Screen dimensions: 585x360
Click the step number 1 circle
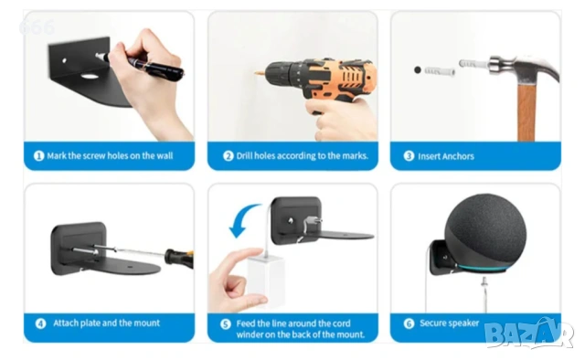click(38, 155)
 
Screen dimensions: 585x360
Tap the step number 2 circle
click(229, 156)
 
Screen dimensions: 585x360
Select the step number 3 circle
click(409, 156)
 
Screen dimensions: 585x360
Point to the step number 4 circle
click(40, 323)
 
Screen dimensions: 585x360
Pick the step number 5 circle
click(226, 324)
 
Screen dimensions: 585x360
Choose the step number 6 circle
click(409, 323)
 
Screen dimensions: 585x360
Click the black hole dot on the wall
click(418, 69)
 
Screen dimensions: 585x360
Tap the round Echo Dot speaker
click(485, 232)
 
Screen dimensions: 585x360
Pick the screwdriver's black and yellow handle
click(179, 258)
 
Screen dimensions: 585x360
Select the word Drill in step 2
click(244, 155)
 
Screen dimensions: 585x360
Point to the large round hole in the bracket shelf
click(90, 77)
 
